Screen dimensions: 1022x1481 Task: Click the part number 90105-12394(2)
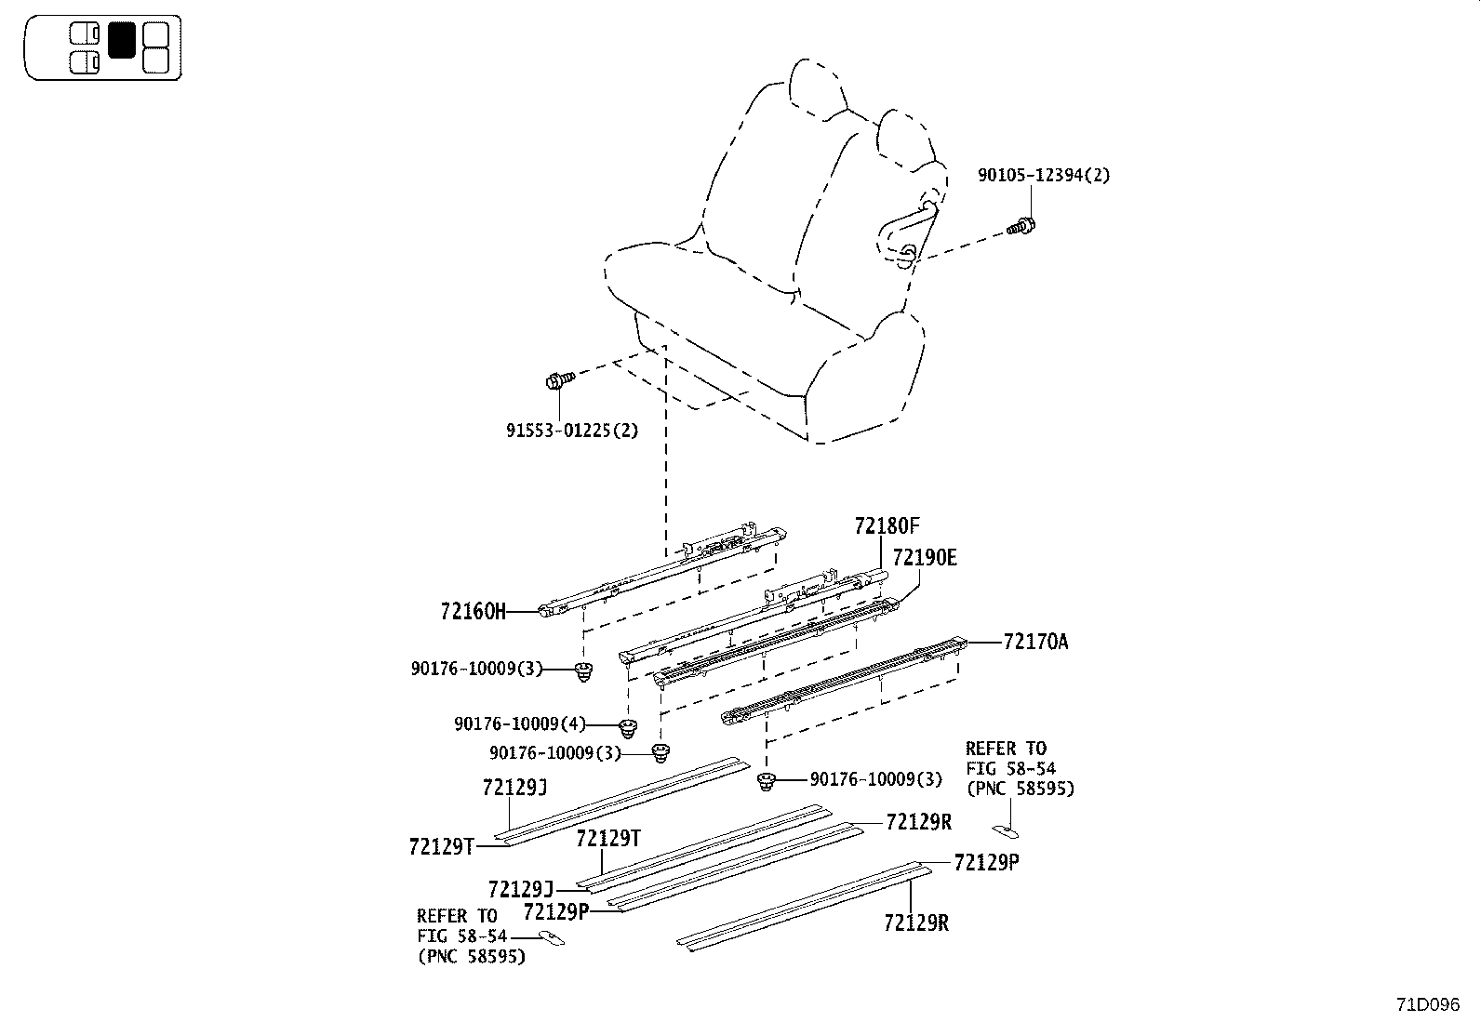1043,175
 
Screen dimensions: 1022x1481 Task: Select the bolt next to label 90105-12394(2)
1022,225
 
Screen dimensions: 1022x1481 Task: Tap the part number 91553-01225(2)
572,431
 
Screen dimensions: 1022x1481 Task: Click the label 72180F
887,526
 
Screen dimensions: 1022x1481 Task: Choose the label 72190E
924,558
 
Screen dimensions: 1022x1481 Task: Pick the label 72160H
474,611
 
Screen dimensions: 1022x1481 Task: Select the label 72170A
1035,642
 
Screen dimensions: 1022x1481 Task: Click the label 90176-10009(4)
520,723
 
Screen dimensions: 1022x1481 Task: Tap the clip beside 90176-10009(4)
630,725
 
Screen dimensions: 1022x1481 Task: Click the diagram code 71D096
1427,1005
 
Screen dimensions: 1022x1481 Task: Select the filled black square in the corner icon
122,41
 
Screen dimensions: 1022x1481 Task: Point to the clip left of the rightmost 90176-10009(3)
767,781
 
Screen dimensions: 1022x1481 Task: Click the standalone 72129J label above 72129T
514,788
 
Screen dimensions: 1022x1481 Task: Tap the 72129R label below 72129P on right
916,922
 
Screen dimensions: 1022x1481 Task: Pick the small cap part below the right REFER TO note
1006,830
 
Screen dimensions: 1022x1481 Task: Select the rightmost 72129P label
986,862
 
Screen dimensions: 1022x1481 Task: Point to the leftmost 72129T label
441,846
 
